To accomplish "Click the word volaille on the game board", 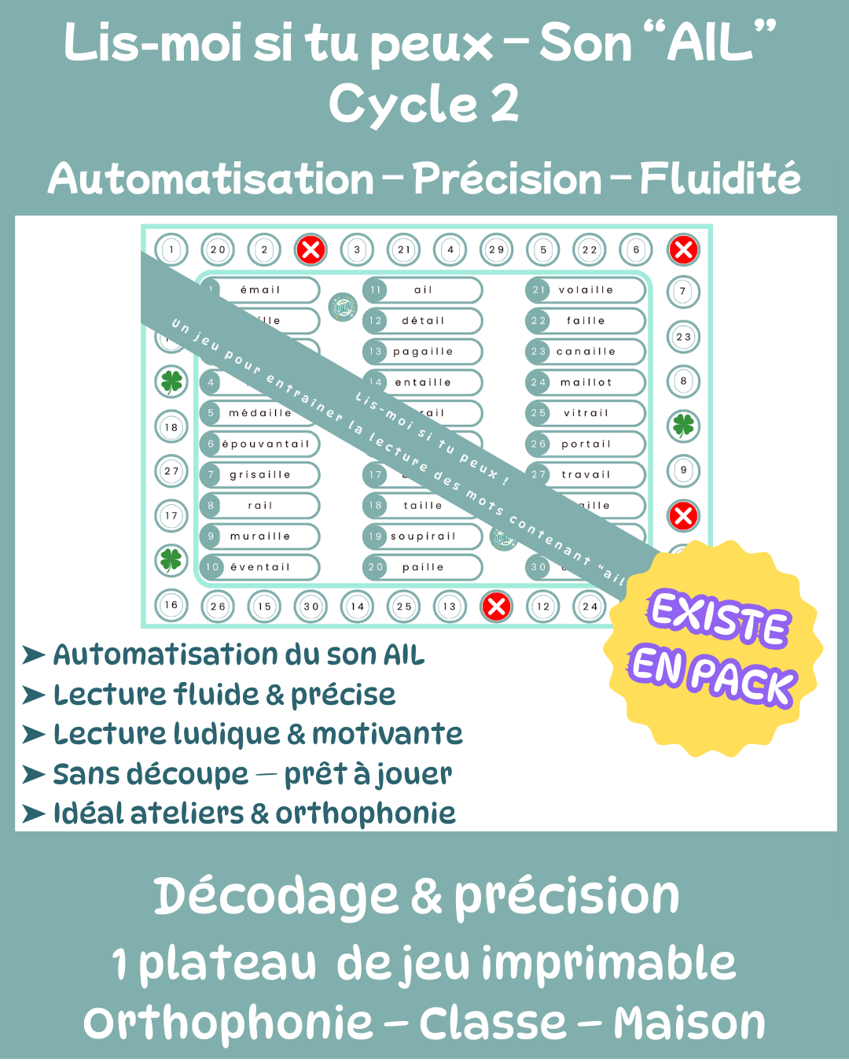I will coord(586,290).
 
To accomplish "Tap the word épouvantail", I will coord(266,444).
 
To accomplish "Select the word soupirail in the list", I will coord(423,537).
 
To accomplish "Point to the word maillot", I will coord(586,382).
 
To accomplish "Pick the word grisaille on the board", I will coord(260,475).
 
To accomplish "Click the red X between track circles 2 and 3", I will coord(311,250).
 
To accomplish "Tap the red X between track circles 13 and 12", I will coord(496,607).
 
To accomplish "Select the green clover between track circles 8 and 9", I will coord(683,426).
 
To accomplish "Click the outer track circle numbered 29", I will coord(496,250).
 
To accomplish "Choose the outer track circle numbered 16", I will coord(171,605).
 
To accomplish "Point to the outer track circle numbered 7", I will coord(683,292).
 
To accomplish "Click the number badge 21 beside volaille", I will coord(538,290).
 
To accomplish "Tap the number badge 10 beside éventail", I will coord(212,567).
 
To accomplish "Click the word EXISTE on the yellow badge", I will coord(718,618).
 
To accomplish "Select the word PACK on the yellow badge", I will coord(743,679).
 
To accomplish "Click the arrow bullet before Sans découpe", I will coord(33,775).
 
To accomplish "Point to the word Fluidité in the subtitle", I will coord(719,179).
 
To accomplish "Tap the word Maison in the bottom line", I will coord(689,1023).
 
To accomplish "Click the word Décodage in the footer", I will coord(275,897).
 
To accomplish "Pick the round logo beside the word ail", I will coord(342,306).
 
